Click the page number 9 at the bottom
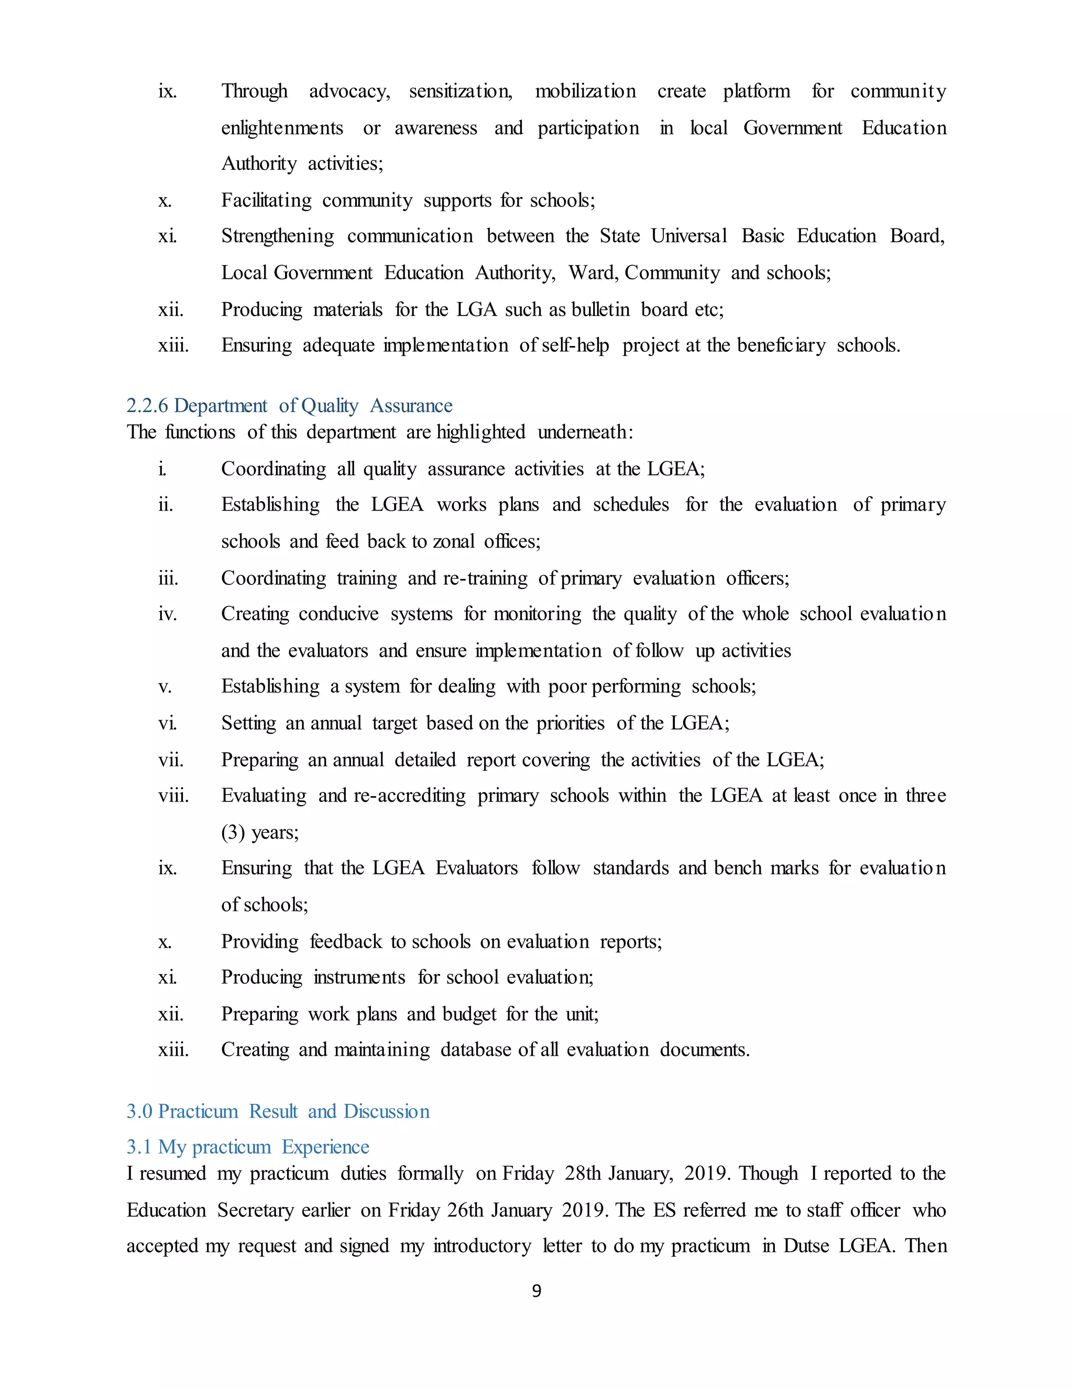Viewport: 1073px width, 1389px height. point(536,1290)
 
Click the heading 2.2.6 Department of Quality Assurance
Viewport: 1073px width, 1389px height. point(289,405)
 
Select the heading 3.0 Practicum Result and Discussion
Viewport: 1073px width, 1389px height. point(278,1111)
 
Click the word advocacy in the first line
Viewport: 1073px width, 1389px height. point(349,92)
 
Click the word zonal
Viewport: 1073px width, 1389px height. point(453,541)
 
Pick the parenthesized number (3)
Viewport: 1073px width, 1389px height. point(233,832)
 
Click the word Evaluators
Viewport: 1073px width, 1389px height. point(476,868)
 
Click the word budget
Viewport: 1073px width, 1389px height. point(469,1014)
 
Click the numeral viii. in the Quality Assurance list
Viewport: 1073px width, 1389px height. point(173,796)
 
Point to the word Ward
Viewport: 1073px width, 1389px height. point(593,273)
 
